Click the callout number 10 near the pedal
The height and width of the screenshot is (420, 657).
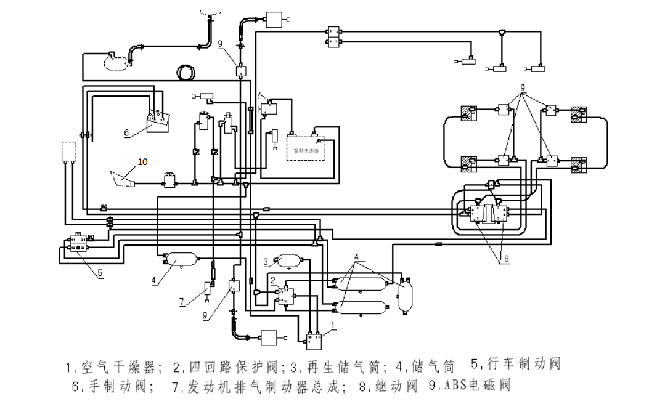tap(142, 162)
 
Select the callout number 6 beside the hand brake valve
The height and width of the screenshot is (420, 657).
tap(126, 132)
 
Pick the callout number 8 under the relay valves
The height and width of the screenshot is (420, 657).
tap(507, 259)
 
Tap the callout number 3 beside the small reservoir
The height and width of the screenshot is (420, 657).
tap(266, 262)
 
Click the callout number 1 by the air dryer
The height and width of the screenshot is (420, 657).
tap(333, 324)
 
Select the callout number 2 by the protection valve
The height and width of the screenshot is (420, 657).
tap(272, 281)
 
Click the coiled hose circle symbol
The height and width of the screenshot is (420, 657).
tap(186, 73)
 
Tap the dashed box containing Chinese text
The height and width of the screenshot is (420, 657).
tap(306, 148)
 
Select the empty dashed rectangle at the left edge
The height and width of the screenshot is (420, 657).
tap(68, 151)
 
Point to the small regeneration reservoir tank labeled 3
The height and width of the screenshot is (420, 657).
tap(288, 260)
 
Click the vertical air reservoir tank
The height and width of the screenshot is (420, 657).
tap(405, 295)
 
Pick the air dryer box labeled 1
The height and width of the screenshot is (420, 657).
tap(313, 338)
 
